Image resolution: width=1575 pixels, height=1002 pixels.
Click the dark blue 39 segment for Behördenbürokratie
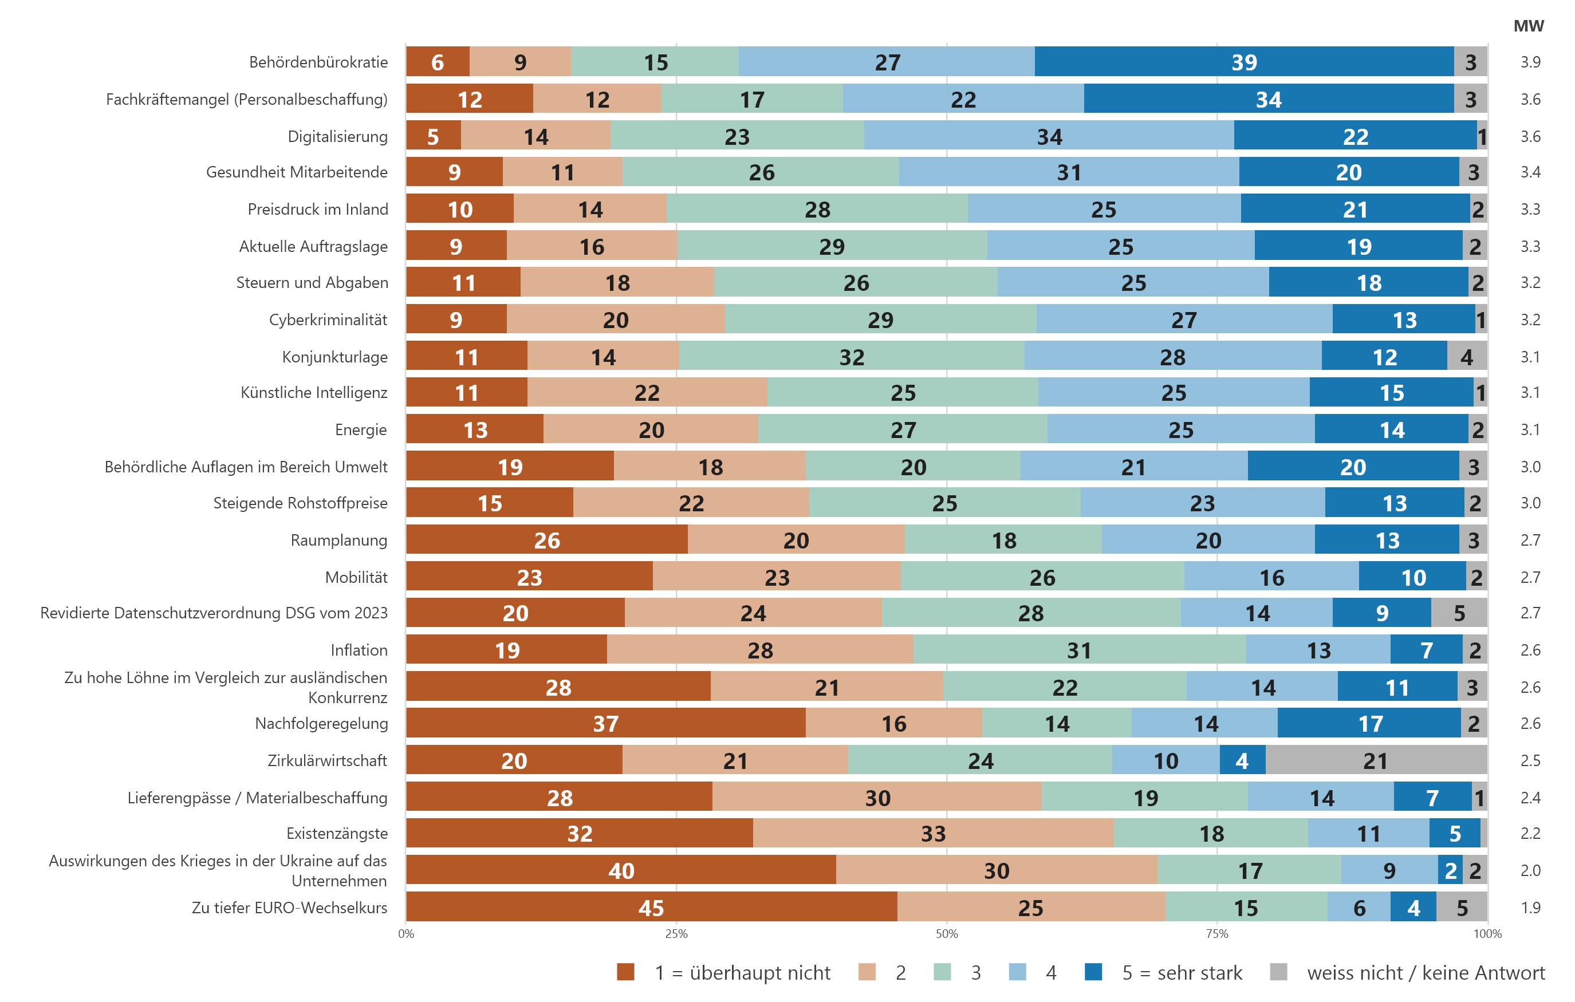(1244, 62)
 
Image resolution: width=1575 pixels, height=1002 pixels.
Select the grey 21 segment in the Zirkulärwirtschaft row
(1376, 760)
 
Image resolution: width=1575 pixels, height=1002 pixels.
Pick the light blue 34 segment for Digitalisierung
(1049, 136)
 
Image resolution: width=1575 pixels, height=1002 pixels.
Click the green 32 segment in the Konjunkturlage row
(852, 357)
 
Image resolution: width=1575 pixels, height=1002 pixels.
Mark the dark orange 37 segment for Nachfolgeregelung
(606, 723)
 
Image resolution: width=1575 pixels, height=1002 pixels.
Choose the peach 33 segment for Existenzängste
(933, 833)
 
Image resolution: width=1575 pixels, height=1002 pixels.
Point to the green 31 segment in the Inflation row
(1079, 650)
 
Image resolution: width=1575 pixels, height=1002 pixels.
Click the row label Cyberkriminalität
(328, 320)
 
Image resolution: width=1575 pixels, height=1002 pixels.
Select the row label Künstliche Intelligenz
(314, 392)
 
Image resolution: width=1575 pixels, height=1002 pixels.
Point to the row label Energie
(360, 429)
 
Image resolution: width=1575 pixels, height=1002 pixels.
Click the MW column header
(1529, 26)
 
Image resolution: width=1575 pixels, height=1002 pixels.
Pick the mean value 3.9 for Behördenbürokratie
(1530, 62)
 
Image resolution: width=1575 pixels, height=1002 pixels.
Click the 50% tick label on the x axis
(947, 934)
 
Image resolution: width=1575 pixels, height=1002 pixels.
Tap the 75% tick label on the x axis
(1216, 934)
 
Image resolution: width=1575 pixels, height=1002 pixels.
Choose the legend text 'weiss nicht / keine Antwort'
(1426, 973)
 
